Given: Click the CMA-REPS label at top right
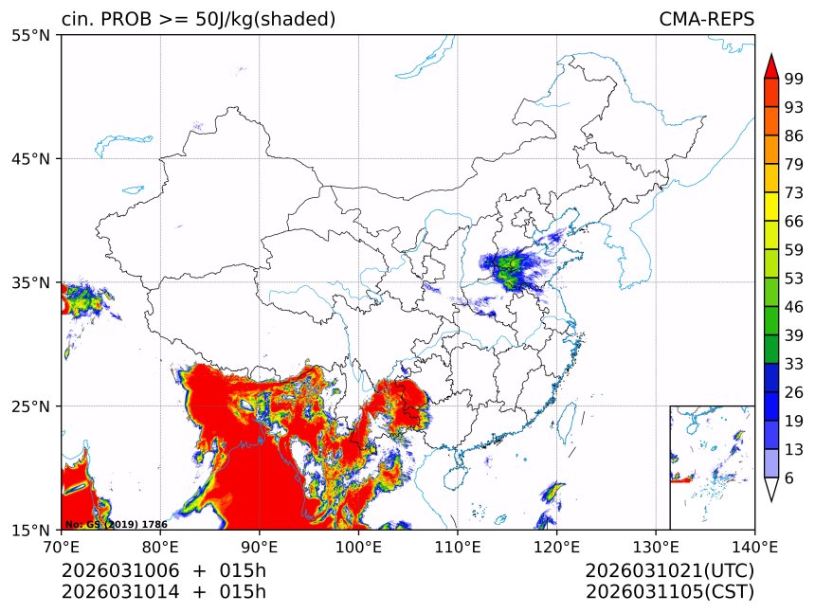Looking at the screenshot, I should pos(706,20).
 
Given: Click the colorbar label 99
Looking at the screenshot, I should pos(794,79).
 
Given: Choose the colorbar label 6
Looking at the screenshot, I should pos(789,478).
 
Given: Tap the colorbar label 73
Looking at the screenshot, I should pos(794,192).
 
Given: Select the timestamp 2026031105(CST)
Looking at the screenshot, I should pos(669,592).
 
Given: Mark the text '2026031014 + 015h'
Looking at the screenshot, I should pos(163,592).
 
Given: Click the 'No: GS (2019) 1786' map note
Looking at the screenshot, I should pos(117,524).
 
